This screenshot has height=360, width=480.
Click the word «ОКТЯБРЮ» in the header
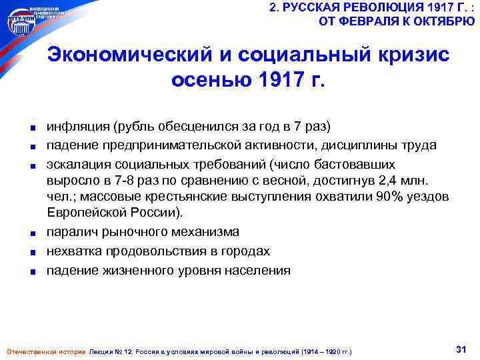(x=447, y=21)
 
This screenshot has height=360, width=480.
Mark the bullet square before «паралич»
(x=32, y=233)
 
